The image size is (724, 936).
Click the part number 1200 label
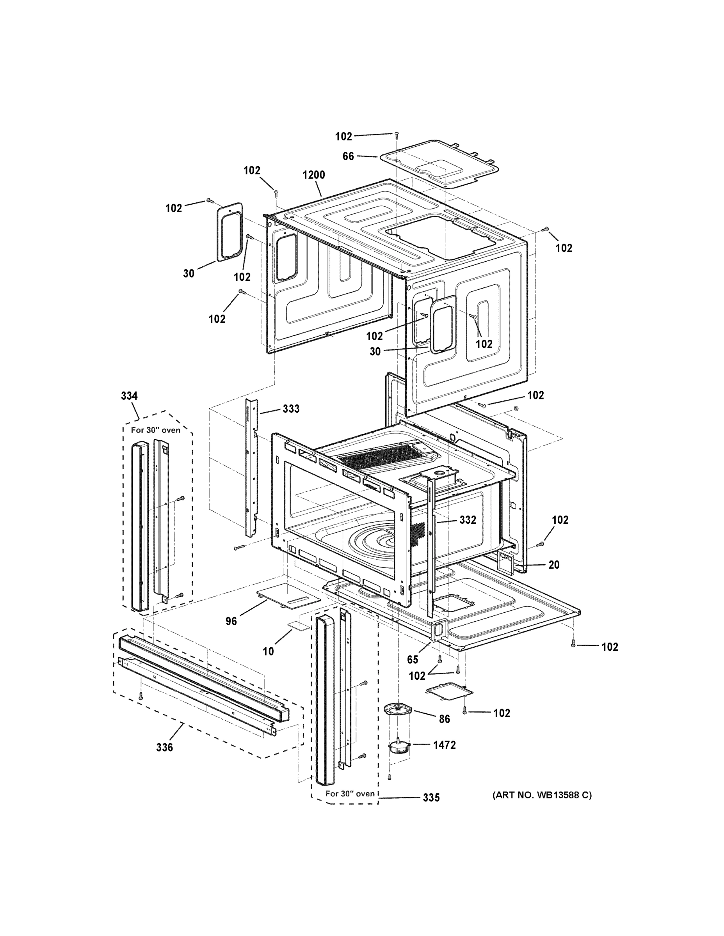(x=313, y=175)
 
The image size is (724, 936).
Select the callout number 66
(x=348, y=156)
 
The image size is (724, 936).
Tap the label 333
(x=291, y=409)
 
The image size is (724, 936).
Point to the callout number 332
(x=468, y=520)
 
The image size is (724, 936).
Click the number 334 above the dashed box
(x=129, y=396)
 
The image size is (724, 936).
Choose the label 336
(x=164, y=747)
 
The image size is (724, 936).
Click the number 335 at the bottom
(x=431, y=798)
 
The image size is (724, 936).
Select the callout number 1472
(x=444, y=745)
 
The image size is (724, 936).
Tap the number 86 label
(x=444, y=719)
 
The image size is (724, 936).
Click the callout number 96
(x=231, y=621)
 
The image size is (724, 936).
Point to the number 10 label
(x=268, y=651)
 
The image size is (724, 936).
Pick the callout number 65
(x=412, y=659)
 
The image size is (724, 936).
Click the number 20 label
(x=554, y=565)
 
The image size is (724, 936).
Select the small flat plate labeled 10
(x=299, y=625)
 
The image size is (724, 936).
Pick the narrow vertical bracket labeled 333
(x=252, y=467)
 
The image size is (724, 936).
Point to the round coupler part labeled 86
(x=397, y=709)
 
